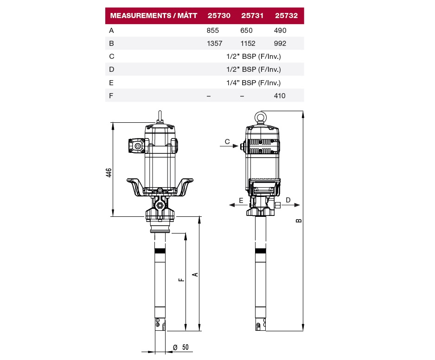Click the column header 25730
click(x=219, y=15)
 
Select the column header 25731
click(x=252, y=15)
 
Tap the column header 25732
click(x=286, y=15)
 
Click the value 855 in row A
click(x=213, y=31)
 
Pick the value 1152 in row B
click(x=248, y=44)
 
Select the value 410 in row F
click(x=280, y=96)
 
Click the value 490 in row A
click(x=280, y=31)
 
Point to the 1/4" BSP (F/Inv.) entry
click(x=254, y=83)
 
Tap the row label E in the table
click(x=111, y=83)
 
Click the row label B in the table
click(x=111, y=44)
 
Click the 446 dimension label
click(x=109, y=173)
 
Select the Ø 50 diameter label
click(x=181, y=347)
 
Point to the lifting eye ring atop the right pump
click(x=261, y=117)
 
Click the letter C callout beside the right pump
click(x=227, y=142)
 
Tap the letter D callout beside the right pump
click(x=288, y=200)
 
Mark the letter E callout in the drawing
click(x=241, y=200)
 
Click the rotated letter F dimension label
click(x=181, y=280)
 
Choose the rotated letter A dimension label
click(x=195, y=275)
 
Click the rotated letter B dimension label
click(x=299, y=221)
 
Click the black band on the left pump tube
click(x=160, y=251)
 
